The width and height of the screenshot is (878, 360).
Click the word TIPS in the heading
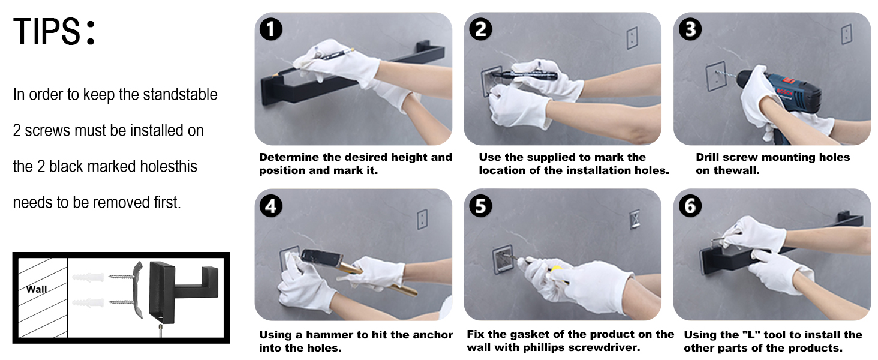point(47,31)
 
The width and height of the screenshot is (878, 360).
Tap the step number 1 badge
point(271,29)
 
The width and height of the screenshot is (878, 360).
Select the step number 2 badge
point(480,29)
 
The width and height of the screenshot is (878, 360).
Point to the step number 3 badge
point(690,29)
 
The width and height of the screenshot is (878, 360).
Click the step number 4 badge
point(271,206)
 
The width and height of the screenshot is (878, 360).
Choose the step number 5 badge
point(480,206)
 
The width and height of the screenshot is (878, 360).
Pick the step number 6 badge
point(690,206)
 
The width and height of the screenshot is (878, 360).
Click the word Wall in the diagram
point(37,289)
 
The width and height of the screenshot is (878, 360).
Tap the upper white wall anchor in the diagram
point(88,277)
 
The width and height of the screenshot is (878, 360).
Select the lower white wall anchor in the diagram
point(88,303)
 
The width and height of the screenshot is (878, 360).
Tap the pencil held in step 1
point(334,55)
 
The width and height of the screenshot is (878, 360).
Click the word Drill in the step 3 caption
point(708,157)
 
